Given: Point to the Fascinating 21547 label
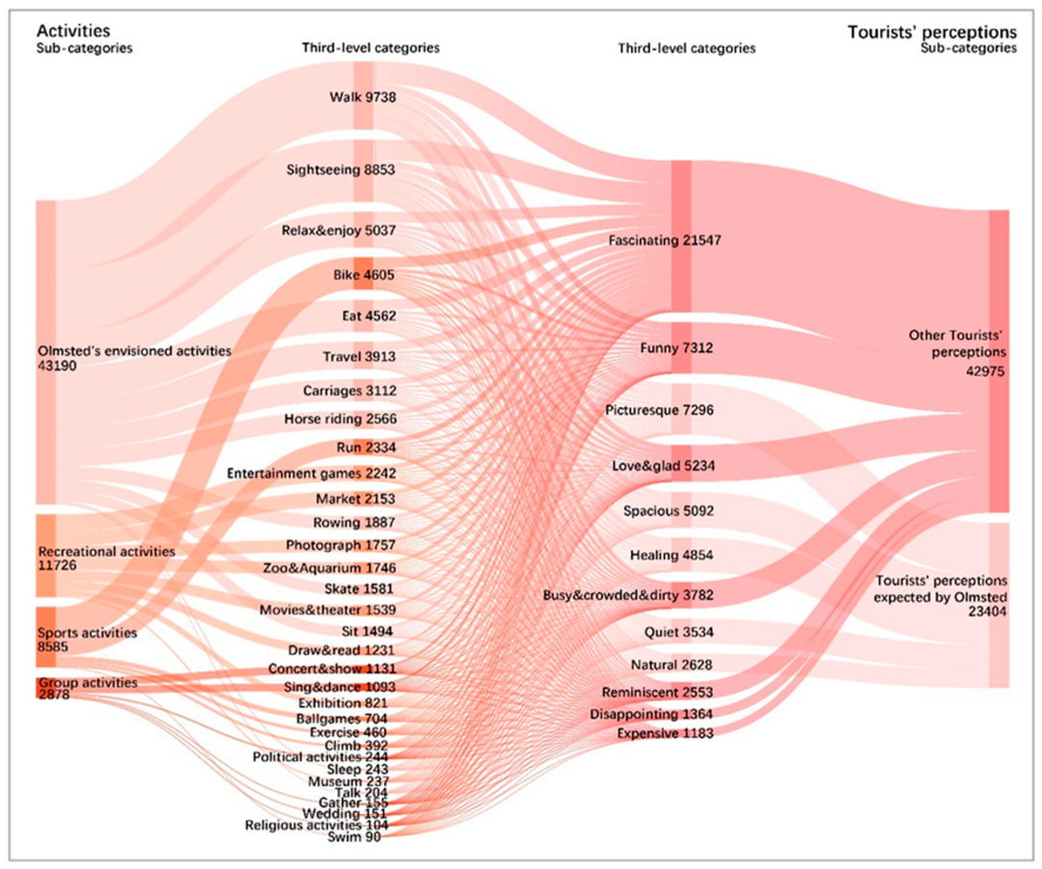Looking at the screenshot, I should (x=665, y=239).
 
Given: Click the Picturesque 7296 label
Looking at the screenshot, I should (x=659, y=410).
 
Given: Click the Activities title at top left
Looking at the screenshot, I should (x=68, y=31).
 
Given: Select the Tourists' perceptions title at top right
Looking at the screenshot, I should (x=931, y=32).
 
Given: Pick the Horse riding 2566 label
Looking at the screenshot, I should (x=341, y=420).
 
